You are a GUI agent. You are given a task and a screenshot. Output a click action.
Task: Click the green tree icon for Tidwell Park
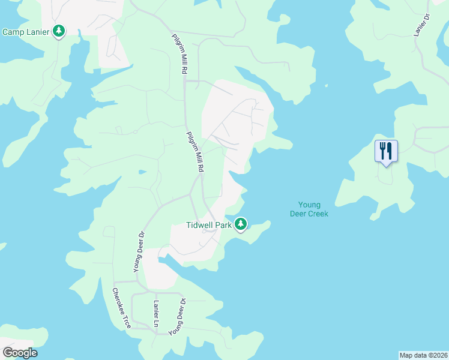pos(241,224)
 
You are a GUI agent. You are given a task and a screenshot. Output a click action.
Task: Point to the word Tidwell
pos(200,226)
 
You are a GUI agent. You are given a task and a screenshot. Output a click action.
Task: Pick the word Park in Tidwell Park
pos(223,226)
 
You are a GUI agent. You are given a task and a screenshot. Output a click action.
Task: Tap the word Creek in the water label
pos(318,214)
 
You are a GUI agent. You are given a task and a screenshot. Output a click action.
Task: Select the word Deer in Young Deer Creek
pos(298,214)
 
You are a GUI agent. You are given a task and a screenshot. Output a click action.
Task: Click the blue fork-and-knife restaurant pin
pos(386,151)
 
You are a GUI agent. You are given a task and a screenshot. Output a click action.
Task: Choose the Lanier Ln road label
pos(156,310)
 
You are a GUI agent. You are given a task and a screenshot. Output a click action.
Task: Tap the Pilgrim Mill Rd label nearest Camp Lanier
pos(178,54)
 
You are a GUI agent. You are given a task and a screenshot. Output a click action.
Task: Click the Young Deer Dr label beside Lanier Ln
pos(177,317)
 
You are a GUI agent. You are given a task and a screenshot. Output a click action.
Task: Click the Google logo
pos(20,353)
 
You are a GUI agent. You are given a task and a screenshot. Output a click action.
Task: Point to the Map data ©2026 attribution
pos(423,355)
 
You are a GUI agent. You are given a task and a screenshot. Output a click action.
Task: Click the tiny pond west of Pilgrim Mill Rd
pos(142,171)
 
